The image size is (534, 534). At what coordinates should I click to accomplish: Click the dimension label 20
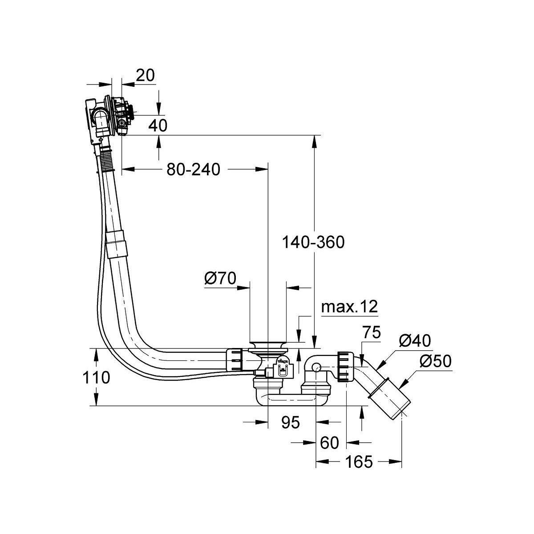coord(146,76)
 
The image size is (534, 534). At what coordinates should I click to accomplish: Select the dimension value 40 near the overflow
coord(158,125)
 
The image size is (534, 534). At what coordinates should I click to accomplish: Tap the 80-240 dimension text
coord(194,170)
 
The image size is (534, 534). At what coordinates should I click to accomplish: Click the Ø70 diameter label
coord(220,279)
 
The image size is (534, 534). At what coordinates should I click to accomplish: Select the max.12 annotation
coord(349,307)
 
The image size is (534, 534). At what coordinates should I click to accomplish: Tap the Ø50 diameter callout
coord(435,361)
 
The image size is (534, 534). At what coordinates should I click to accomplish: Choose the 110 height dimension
coord(96,378)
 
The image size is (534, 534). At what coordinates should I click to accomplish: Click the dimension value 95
coord(291,422)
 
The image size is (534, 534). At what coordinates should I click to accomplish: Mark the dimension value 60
coord(329,443)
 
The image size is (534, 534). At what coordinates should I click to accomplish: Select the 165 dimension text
coord(359,462)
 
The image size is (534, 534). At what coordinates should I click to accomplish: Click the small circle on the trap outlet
coord(316,368)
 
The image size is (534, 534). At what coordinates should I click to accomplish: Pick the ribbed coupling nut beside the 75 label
coord(344,367)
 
